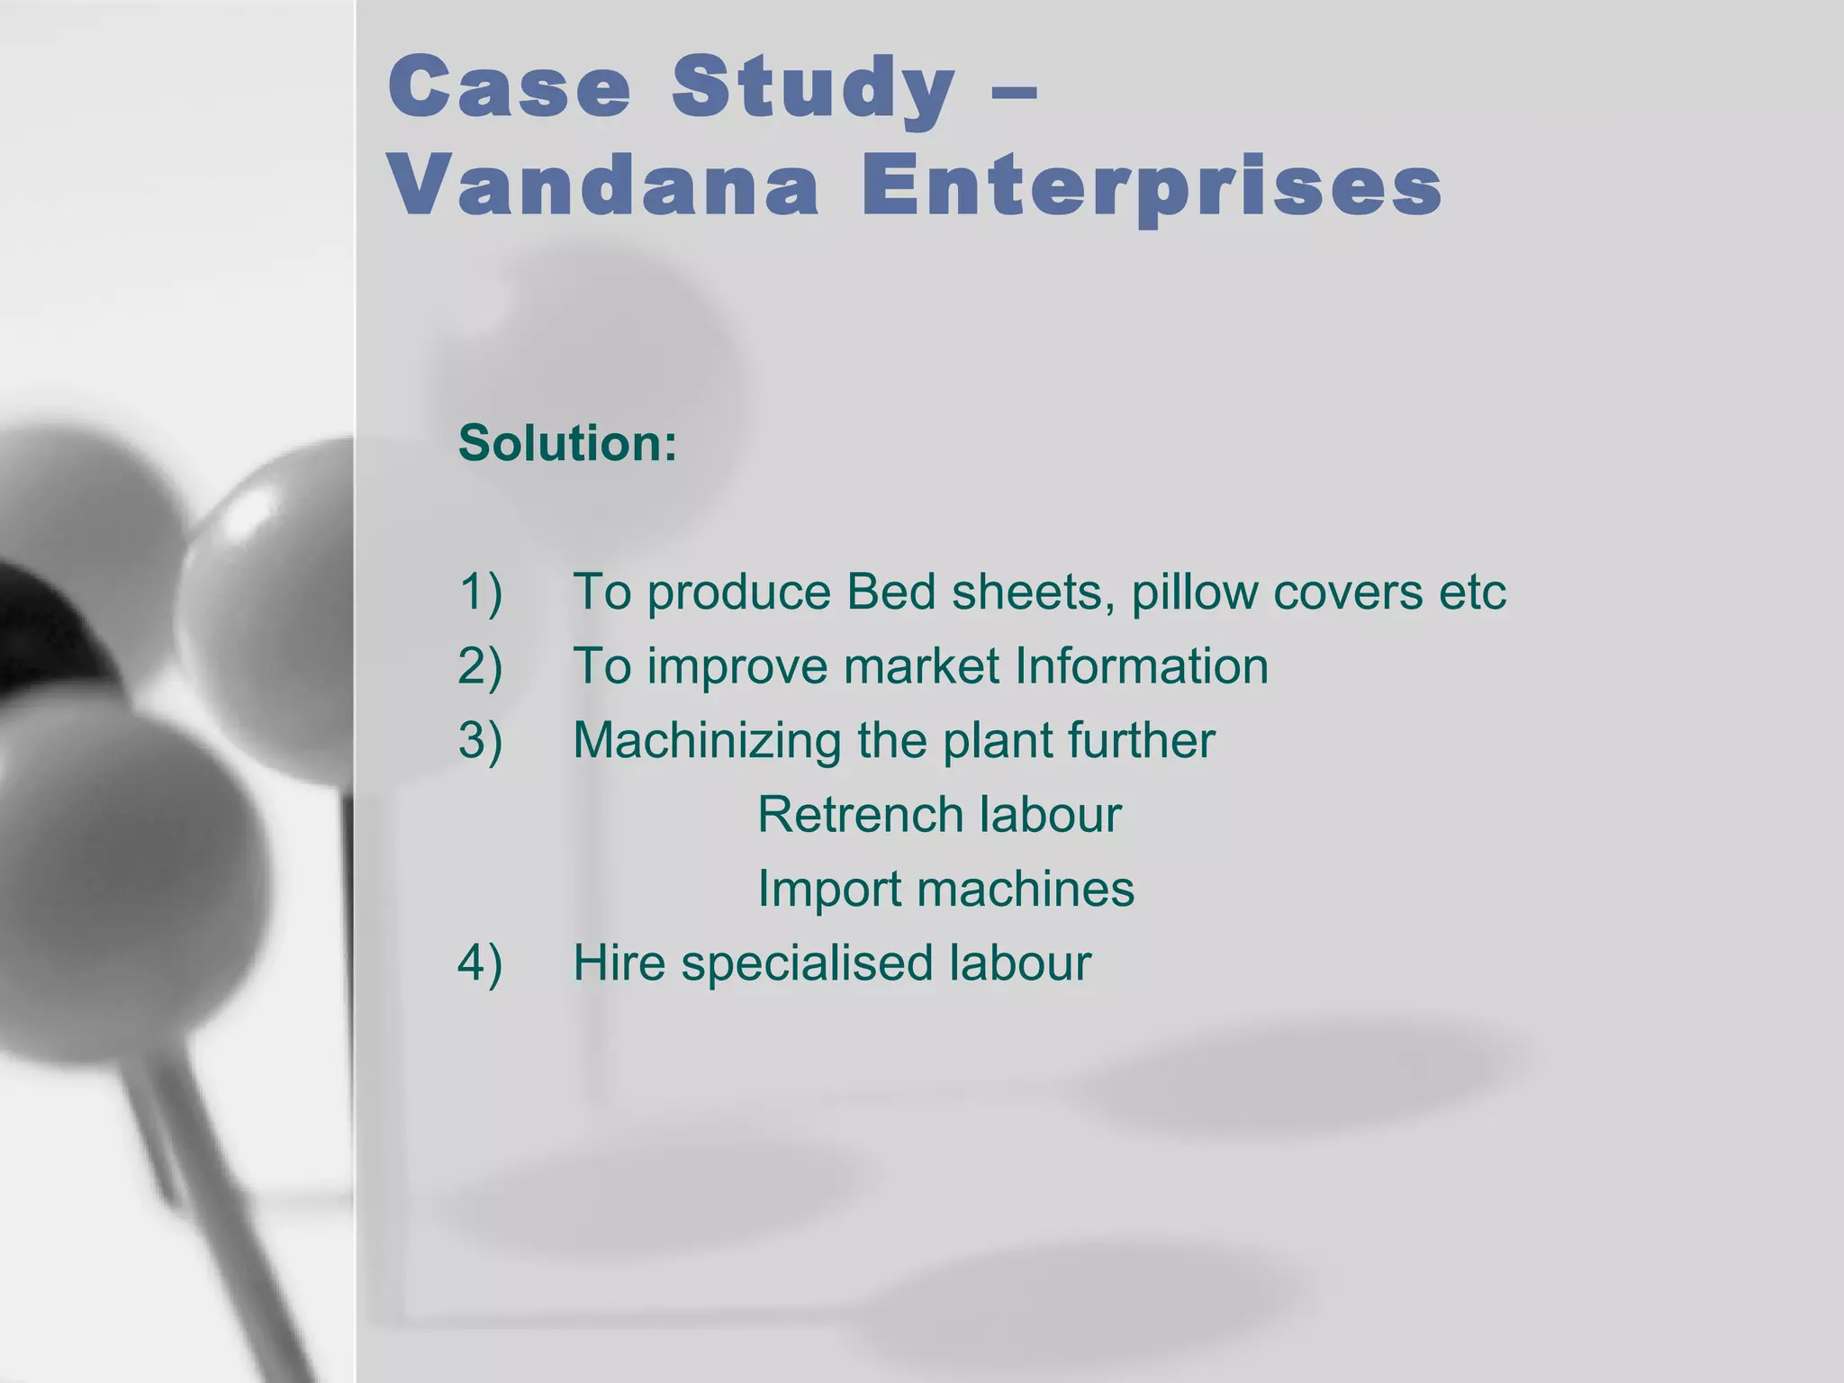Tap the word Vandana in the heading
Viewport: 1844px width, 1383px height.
click(604, 186)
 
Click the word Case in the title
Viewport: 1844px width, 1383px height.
click(510, 86)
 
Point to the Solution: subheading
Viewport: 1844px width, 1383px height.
click(567, 443)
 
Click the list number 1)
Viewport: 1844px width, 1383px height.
click(480, 592)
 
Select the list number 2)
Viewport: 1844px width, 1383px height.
click(480, 666)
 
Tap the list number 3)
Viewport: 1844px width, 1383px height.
click(480, 740)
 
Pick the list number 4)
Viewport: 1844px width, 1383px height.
click(480, 963)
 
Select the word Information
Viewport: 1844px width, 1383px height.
click(1142, 666)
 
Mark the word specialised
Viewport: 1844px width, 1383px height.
click(808, 963)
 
